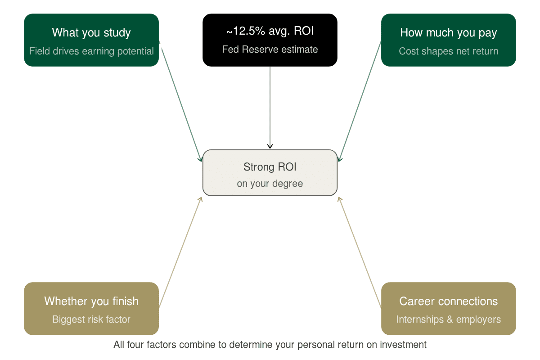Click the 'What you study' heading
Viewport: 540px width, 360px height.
click(x=91, y=33)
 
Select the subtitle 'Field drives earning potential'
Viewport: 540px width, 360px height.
click(x=91, y=51)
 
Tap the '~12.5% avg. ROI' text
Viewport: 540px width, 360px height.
click(x=270, y=31)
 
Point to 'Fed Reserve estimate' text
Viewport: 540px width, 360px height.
click(x=270, y=49)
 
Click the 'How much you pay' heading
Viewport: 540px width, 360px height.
click(x=449, y=33)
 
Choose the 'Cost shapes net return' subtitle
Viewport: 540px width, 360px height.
click(x=449, y=51)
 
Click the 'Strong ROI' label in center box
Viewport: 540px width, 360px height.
click(x=270, y=167)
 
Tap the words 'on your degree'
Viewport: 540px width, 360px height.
click(x=270, y=184)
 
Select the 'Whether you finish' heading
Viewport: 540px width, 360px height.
click(x=91, y=301)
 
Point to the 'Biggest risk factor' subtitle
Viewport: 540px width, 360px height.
click(x=91, y=319)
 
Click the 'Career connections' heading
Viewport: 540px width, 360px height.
click(x=449, y=301)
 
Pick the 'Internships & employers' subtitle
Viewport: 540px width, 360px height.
click(x=449, y=319)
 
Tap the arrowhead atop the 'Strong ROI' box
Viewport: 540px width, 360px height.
click(x=270, y=146)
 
